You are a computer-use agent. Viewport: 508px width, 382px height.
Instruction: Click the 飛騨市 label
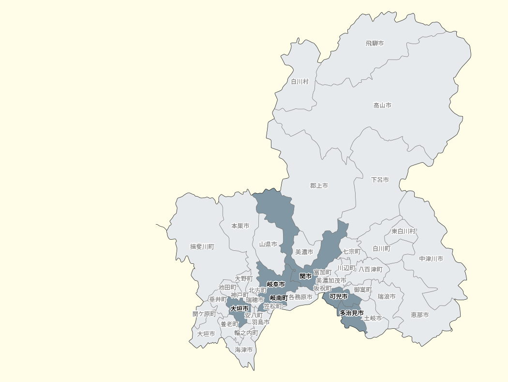tap(375, 44)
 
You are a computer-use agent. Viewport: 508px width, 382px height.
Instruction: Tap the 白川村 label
tap(299, 82)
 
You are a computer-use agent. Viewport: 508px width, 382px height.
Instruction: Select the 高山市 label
tap(382, 105)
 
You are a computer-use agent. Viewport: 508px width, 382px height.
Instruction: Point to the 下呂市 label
tap(380, 180)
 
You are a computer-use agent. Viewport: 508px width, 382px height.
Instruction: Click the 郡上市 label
tap(319, 185)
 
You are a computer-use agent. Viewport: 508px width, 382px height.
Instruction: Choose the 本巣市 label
tap(240, 226)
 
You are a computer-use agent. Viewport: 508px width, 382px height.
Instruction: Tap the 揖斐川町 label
tap(202, 246)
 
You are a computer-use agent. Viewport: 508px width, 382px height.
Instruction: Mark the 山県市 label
tap(268, 244)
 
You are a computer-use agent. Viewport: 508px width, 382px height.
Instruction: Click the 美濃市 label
tap(304, 252)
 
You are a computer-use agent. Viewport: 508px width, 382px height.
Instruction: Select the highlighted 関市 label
tap(305, 276)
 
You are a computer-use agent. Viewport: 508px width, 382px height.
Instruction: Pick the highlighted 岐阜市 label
tap(276, 284)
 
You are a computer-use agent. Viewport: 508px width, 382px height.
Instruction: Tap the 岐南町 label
tap(279, 298)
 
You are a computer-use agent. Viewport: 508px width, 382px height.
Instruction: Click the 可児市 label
tap(339, 296)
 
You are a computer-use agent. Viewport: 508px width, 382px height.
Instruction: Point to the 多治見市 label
tap(352, 313)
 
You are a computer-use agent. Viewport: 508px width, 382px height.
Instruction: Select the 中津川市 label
tap(431, 259)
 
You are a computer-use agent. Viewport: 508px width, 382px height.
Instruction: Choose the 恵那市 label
tap(419, 315)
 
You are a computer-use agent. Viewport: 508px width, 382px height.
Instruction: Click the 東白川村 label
tap(404, 231)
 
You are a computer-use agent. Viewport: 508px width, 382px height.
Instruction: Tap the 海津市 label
tap(244, 350)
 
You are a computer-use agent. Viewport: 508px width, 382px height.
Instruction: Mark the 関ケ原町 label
tap(204, 314)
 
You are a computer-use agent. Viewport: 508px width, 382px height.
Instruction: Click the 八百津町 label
tap(370, 269)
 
